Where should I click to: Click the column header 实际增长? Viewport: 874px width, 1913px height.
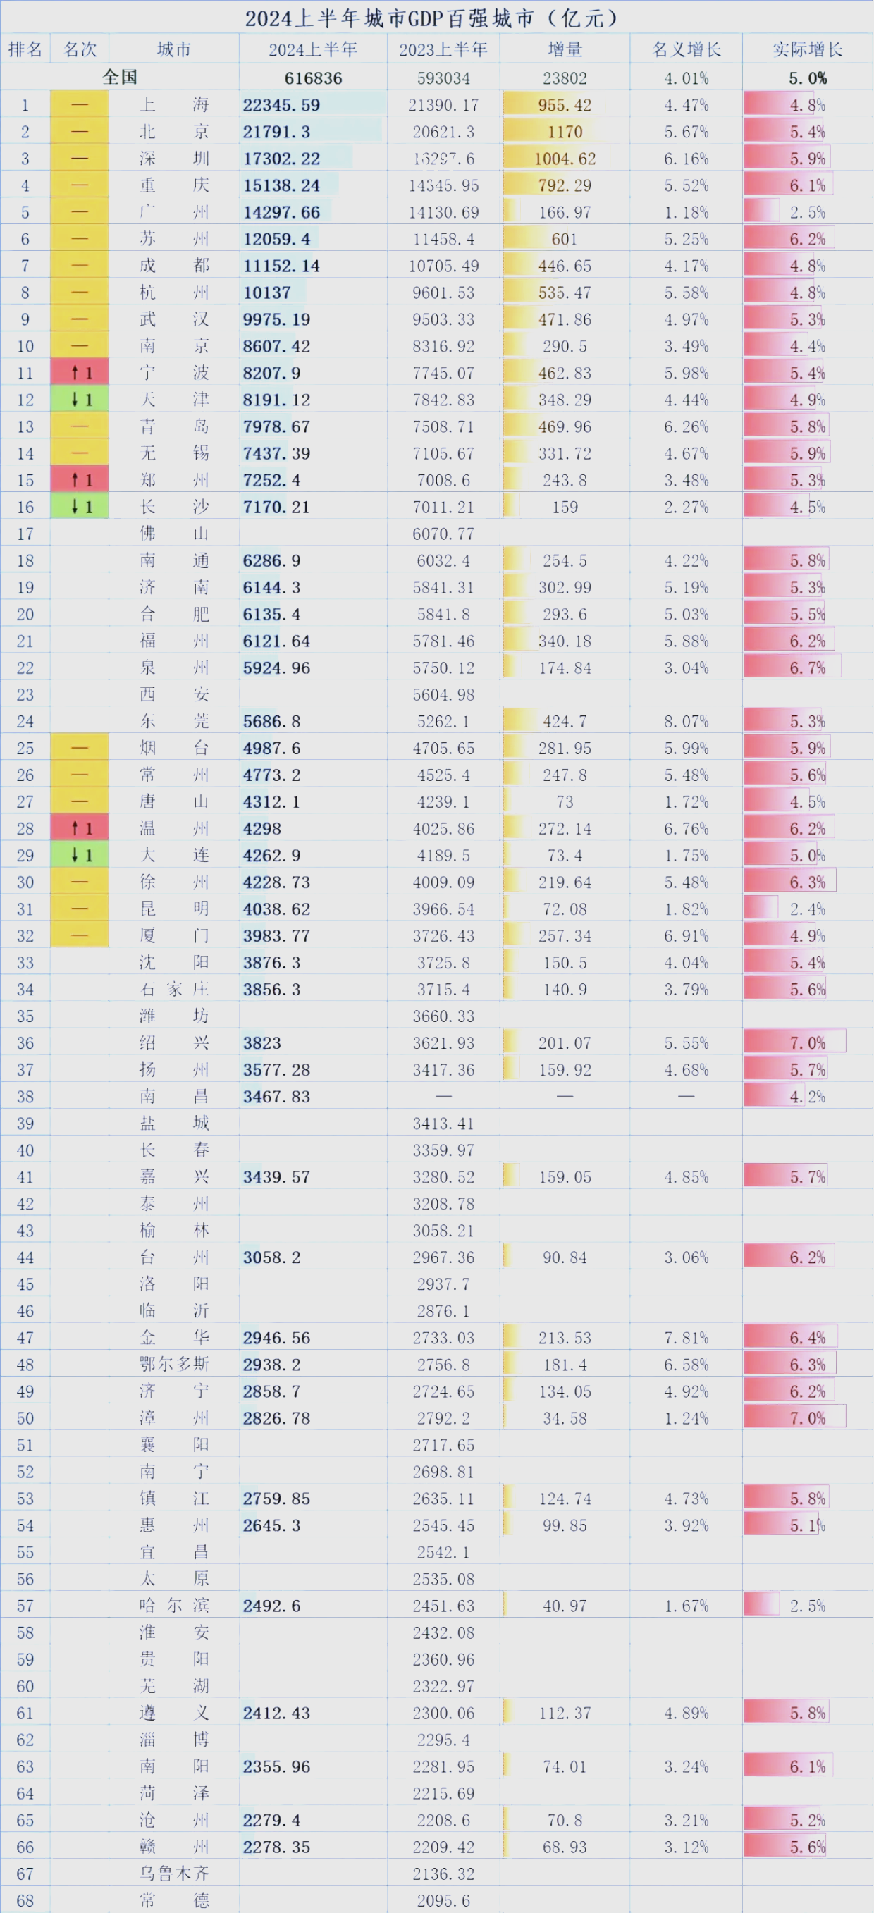[807, 50]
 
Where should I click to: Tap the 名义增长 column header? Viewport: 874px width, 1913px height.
[686, 50]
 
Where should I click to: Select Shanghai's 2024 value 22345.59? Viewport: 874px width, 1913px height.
[281, 105]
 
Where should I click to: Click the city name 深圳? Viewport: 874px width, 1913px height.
[174, 158]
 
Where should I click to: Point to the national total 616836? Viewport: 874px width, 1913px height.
[313, 78]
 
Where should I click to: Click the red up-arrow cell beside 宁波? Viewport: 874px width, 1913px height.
[80, 373]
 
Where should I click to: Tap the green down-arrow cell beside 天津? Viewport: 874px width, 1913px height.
[80, 400]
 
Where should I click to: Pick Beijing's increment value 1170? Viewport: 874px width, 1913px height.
[565, 131]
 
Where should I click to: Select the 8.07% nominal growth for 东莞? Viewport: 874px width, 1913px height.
[686, 721]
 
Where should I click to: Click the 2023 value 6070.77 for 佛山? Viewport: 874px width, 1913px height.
[443, 533]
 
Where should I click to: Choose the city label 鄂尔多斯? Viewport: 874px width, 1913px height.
[174, 1364]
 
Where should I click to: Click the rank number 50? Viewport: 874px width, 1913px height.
[25, 1417]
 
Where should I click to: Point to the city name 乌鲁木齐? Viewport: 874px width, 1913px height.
[174, 1874]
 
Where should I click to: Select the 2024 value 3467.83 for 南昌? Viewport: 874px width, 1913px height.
[276, 1096]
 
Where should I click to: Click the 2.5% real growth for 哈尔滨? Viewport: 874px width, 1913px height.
[807, 1606]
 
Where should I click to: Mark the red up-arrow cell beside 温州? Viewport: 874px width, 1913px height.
[80, 828]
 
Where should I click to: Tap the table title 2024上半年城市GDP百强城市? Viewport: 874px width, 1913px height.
[431, 18]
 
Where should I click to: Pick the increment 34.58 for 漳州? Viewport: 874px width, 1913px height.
[565, 1417]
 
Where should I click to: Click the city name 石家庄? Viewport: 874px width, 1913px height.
[174, 988]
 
